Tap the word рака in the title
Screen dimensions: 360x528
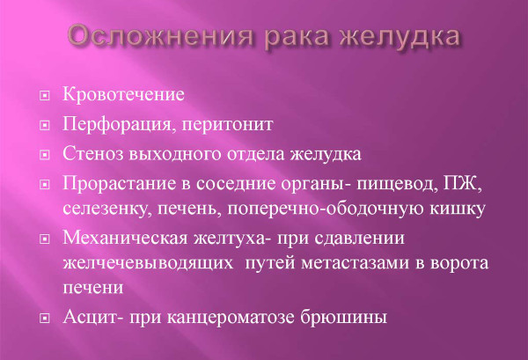314,39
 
